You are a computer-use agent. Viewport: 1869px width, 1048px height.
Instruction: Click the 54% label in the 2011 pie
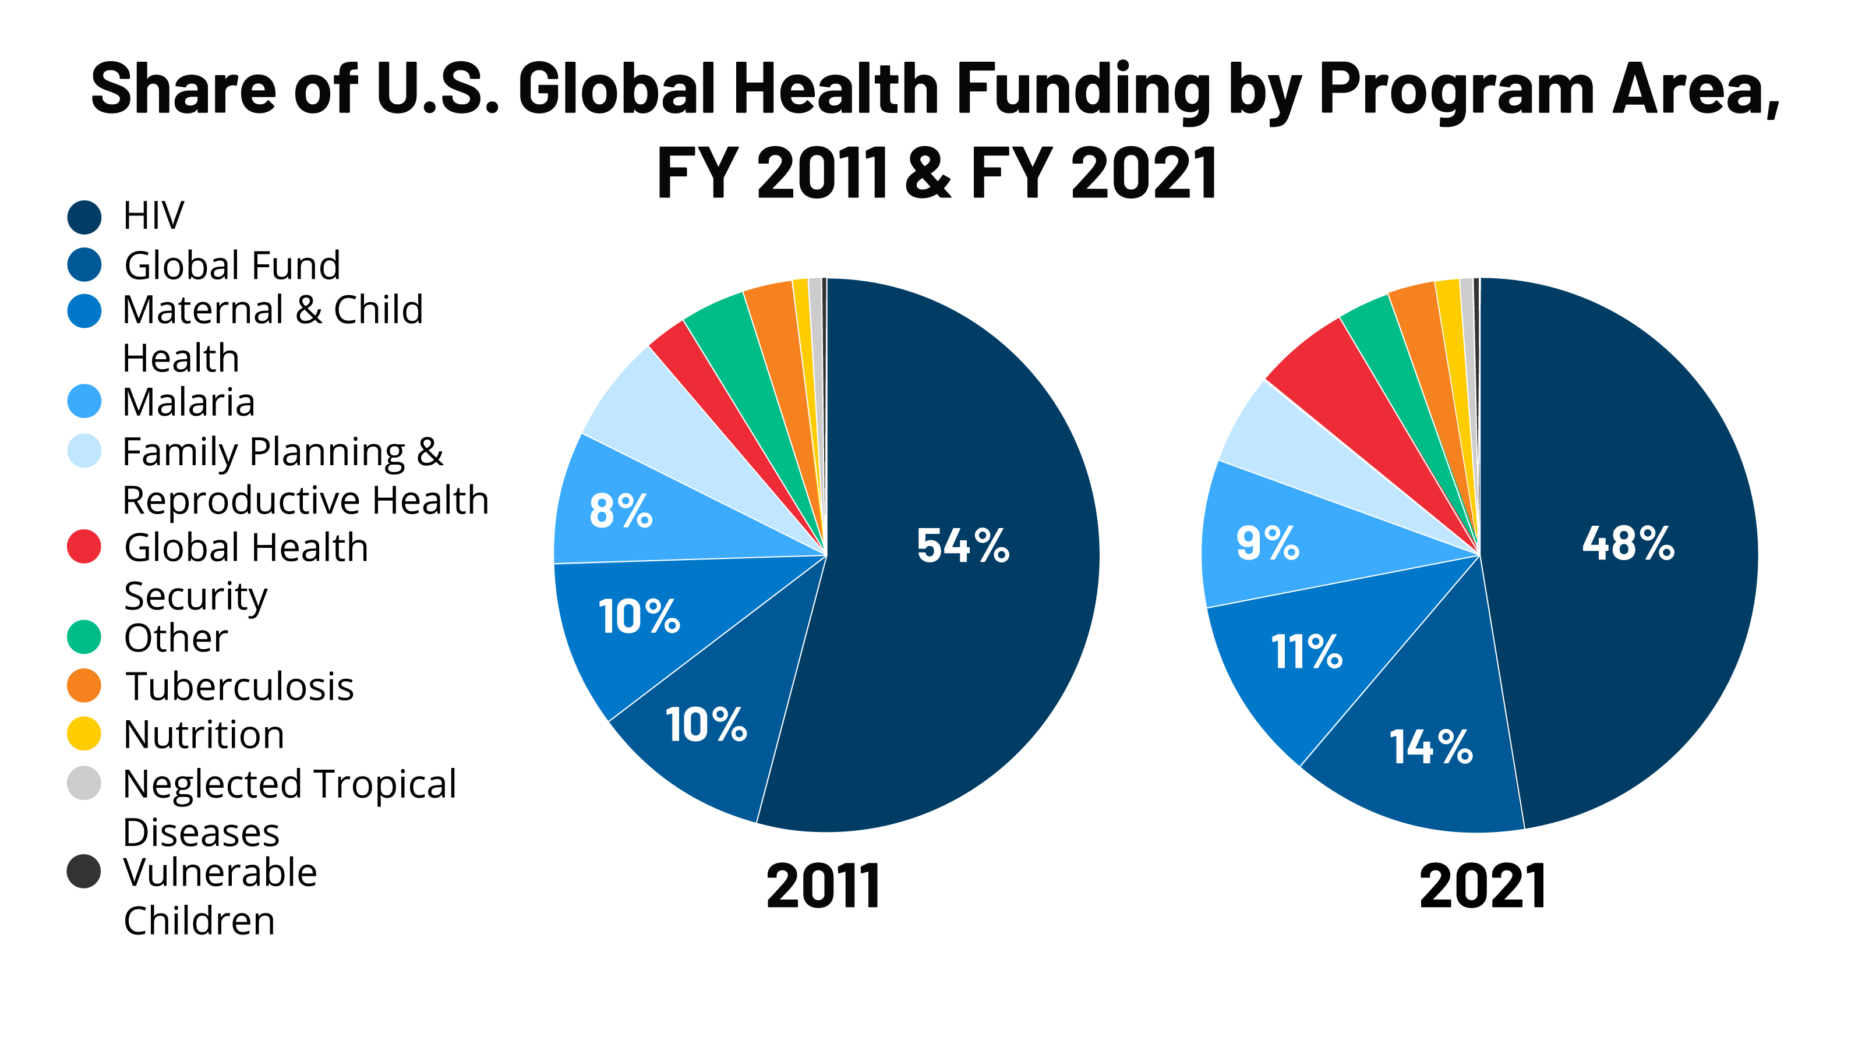[962, 546]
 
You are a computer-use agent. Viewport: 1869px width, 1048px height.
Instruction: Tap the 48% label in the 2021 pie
[1628, 543]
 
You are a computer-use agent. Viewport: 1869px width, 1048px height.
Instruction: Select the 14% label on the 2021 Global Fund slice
[1431, 747]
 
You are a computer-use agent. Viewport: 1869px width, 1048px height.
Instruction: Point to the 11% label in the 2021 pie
[1306, 652]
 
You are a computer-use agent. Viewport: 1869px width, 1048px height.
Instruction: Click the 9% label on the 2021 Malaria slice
[1267, 543]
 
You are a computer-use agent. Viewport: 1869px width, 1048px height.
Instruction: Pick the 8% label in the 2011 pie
[620, 511]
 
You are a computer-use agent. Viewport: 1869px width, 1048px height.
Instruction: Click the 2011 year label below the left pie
[824, 886]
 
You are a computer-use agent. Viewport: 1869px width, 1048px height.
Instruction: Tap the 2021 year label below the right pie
[1482, 886]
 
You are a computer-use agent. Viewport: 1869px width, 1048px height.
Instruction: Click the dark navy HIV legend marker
[84, 217]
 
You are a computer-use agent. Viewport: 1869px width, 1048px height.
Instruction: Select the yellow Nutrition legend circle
[84, 733]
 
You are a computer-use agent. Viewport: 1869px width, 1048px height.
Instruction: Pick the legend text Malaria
[189, 402]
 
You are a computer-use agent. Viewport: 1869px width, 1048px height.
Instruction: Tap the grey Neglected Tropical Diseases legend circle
[84, 783]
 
